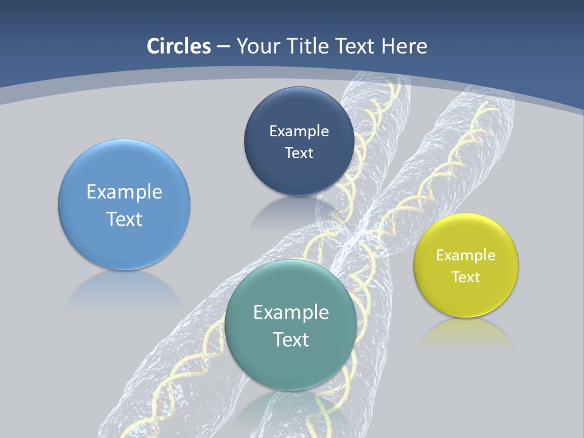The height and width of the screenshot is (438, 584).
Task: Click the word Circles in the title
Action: (178, 46)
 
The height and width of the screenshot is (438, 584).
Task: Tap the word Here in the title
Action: (404, 46)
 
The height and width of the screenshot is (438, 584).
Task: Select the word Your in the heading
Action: (258, 46)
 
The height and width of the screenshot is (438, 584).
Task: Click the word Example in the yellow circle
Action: (465, 255)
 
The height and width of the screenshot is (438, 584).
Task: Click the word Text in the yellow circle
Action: (466, 277)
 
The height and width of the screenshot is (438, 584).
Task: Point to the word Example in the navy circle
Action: (299, 131)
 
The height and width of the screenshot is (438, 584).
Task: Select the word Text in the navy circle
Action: (299, 153)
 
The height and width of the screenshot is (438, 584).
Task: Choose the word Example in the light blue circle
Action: (124, 192)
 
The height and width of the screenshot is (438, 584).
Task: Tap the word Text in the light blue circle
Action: (124, 219)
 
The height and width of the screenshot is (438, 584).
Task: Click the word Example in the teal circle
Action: (291, 313)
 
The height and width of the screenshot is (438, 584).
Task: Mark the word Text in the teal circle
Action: (291, 339)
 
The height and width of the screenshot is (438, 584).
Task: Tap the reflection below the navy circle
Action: (292, 210)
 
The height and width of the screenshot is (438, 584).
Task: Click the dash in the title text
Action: (223, 47)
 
